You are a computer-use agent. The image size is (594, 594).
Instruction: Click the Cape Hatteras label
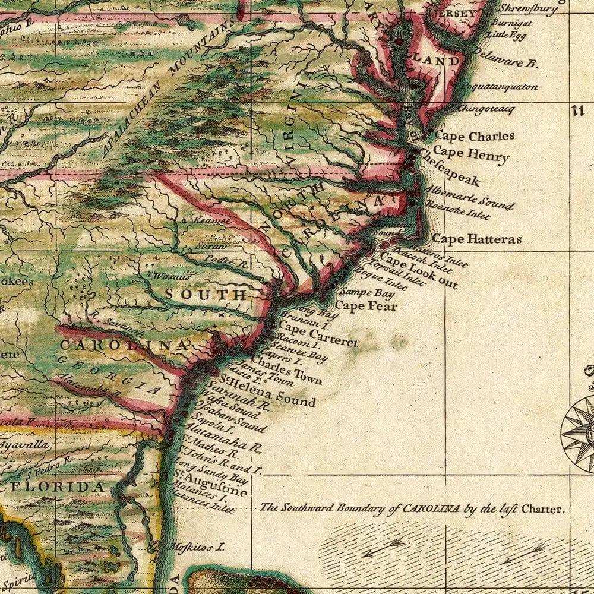(x=476, y=239)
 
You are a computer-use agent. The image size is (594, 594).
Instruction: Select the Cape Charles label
(x=474, y=136)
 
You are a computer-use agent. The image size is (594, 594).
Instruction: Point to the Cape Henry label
(x=471, y=154)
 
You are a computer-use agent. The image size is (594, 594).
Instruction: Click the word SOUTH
(x=205, y=295)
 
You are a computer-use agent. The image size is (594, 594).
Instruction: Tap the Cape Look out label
(x=419, y=270)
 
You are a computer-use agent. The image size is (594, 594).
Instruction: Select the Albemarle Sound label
(x=470, y=197)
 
